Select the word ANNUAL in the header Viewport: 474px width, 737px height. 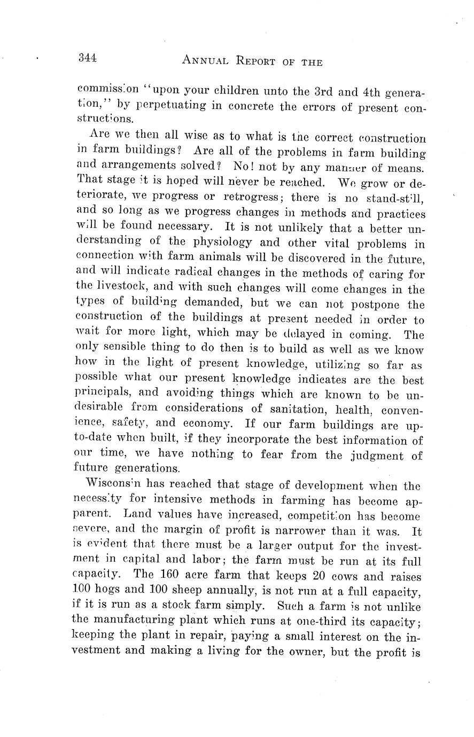[206, 61]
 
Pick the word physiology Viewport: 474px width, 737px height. [217, 243]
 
